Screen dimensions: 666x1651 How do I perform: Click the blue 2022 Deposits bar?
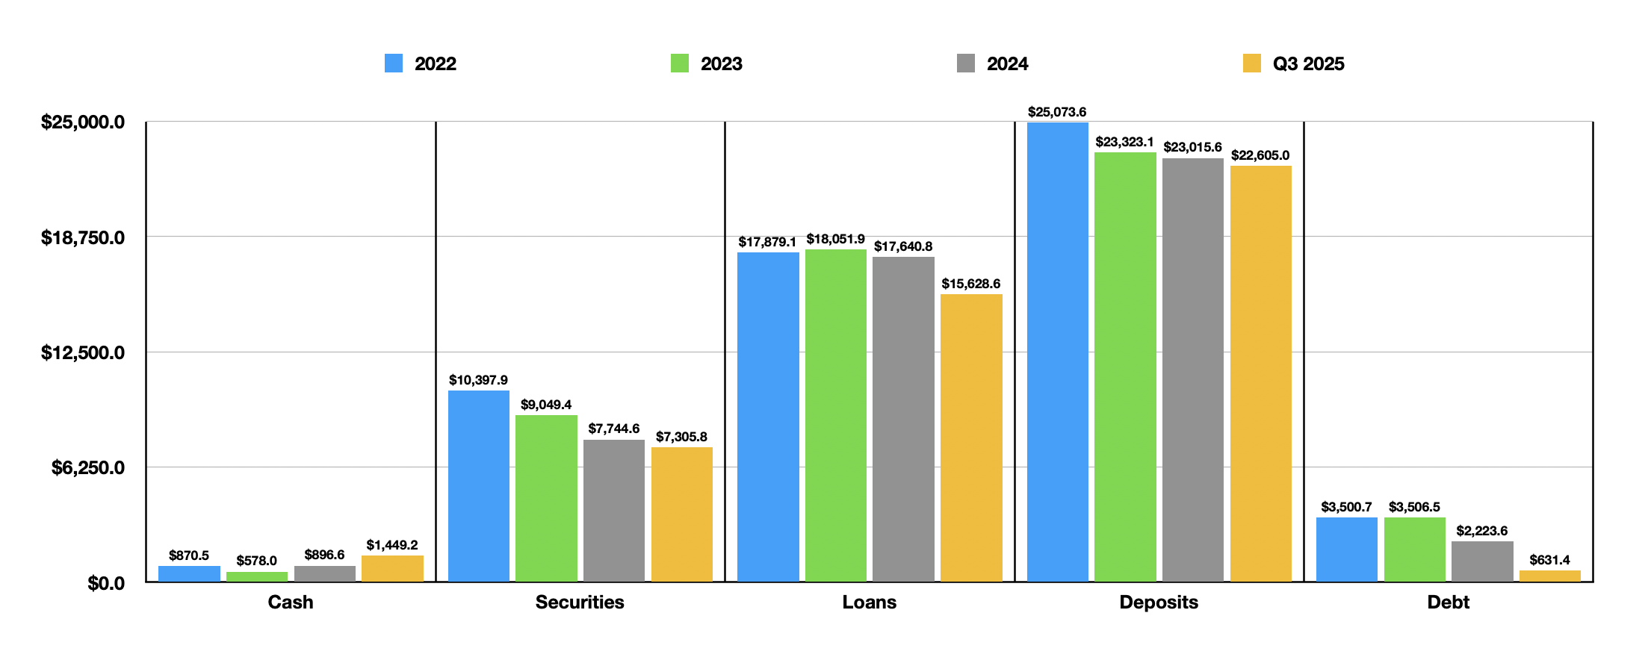[1057, 352]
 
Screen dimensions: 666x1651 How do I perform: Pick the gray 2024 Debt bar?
[1482, 561]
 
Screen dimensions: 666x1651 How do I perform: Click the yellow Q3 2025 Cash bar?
[392, 568]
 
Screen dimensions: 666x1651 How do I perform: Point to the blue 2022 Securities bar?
[479, 486]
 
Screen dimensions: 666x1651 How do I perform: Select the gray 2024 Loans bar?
[903, 419]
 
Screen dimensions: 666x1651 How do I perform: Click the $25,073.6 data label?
[1057, 112]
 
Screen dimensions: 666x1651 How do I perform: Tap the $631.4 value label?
[1549, 560]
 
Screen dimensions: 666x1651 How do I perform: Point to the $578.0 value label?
[256, 561]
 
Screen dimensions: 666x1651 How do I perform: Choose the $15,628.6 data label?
[970, 284]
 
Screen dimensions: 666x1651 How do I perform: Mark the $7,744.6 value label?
[613, 429]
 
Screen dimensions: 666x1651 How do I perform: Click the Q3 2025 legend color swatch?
[1251, 63]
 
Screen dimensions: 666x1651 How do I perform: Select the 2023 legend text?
[721, 64]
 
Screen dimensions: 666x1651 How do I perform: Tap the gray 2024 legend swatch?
[965, 63]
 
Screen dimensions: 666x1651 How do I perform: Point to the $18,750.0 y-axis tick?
[83, 237]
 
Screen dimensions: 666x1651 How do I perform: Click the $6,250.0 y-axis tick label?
[88, 467]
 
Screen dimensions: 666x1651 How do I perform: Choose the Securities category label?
[580, 602]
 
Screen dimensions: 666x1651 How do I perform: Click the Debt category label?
[1448, 602]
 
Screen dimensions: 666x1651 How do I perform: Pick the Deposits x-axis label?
[1158, 602]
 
